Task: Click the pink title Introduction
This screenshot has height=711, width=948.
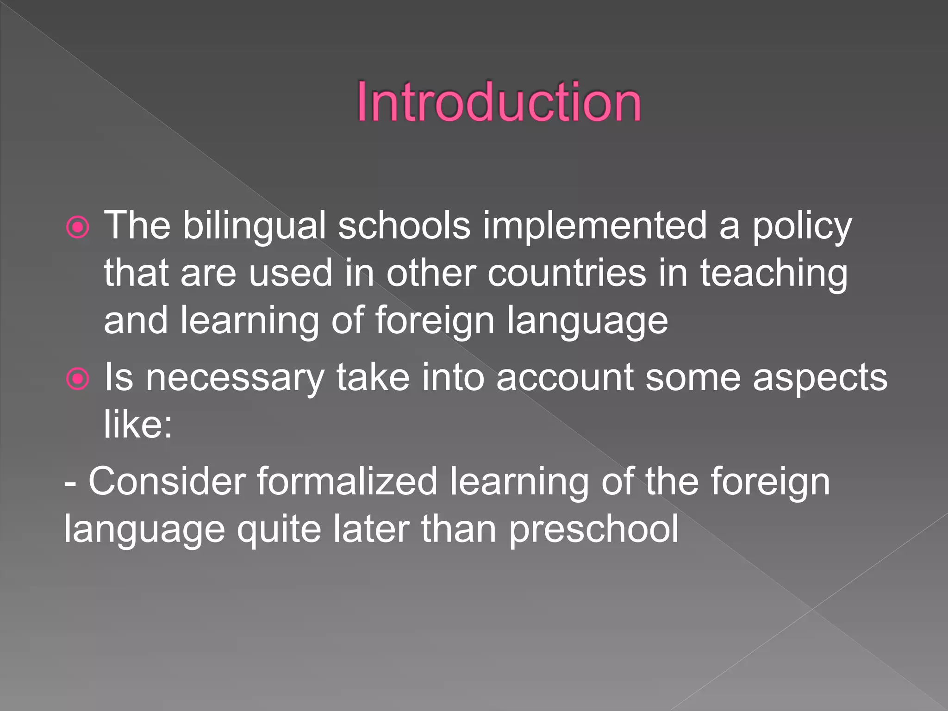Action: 499,102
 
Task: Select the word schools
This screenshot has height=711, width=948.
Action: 404,226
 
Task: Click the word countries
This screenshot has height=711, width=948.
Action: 567,273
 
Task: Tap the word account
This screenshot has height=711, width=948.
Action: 565,378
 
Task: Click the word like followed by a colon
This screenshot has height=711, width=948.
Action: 138,424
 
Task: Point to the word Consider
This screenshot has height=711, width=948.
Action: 167,481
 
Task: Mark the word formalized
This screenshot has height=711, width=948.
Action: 347,481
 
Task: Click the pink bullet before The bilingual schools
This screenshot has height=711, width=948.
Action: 78,227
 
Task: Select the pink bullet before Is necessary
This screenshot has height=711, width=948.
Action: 78,379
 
